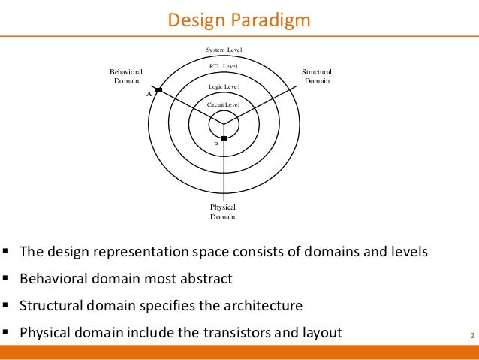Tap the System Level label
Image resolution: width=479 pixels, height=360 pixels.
coord(224,50)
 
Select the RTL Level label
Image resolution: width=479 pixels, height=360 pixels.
coord(223,68)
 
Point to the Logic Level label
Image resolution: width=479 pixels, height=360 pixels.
coord(223,87)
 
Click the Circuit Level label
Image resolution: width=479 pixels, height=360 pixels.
coord(223,104)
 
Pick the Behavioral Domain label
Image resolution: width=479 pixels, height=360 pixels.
coord(125,76)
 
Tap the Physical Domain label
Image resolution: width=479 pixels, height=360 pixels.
coord(223,212)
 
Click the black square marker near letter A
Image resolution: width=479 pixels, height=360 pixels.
coord(158,90)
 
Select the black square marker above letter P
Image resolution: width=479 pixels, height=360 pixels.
coord(224,138)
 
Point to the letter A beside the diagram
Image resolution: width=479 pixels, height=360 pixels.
coord(149,95)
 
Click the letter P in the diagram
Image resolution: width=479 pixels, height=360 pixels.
coord(216,144)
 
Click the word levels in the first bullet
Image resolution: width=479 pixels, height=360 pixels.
coord(410,252)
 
